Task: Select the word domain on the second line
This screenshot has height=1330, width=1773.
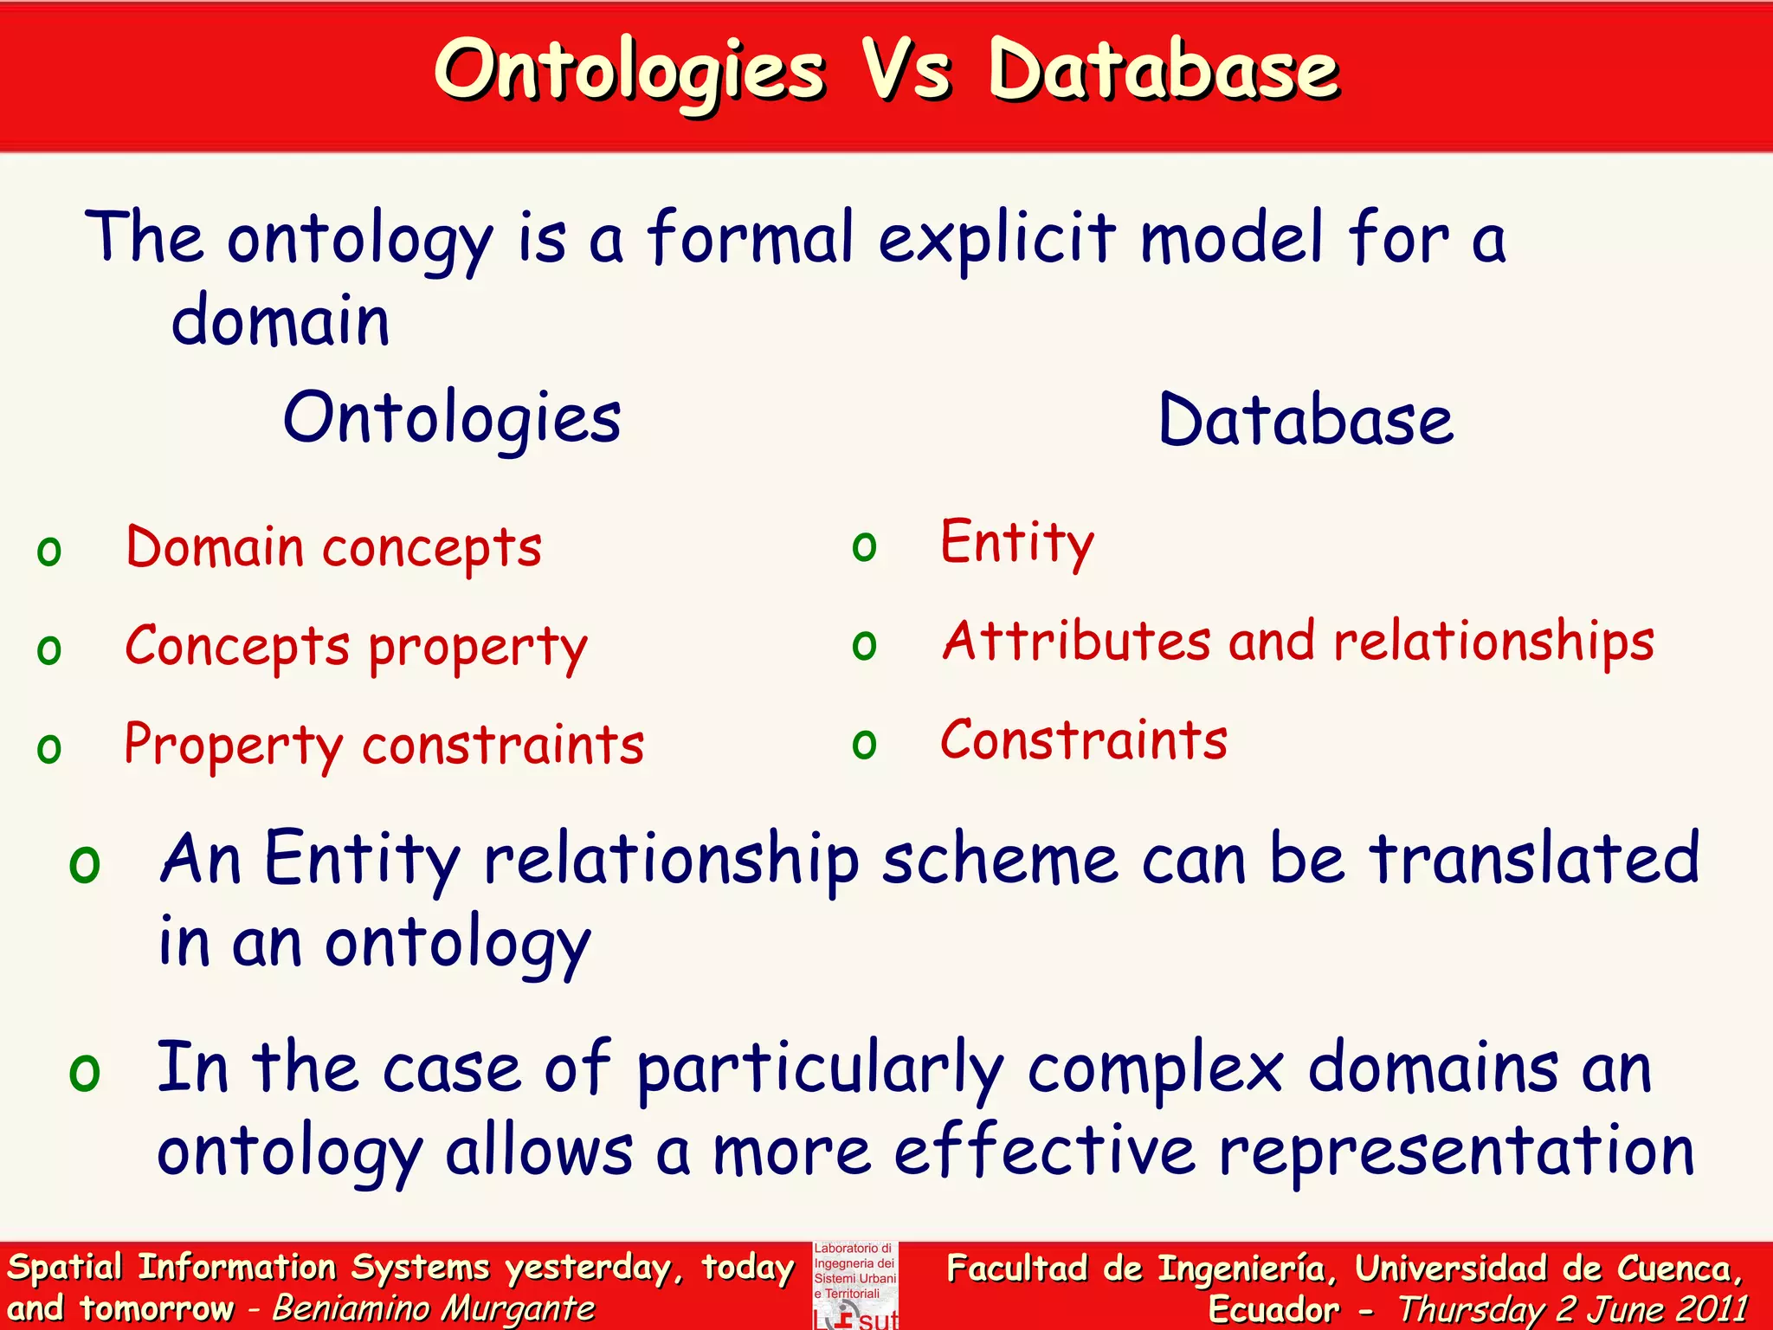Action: click(x=280, y=321)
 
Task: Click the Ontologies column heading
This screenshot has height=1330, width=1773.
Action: click(x=452, y=419)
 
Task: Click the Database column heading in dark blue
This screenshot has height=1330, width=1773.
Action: click(x=1306, y=421)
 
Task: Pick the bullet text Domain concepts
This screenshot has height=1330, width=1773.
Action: click(x=333, y=549)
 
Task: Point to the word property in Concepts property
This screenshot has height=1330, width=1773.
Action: click(x=478, y=648)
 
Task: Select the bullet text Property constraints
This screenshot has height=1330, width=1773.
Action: click(x=384, y=746)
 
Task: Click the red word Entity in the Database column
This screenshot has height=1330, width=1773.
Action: click(x=1017, y=544)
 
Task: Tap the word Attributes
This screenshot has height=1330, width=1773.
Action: click(x=1076, y=642)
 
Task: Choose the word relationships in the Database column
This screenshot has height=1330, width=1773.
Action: click(x=1493, y=642)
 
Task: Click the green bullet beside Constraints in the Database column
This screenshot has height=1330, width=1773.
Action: click(x=864, y=744)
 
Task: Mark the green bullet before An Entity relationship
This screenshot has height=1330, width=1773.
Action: click(x=85, y=863)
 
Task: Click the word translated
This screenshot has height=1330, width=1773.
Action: click(x=1534, y=859)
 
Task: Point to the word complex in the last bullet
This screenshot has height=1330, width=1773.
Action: click(x=1155, y=1069)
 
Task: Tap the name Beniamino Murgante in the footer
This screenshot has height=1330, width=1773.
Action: click(x=434, y=1308)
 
